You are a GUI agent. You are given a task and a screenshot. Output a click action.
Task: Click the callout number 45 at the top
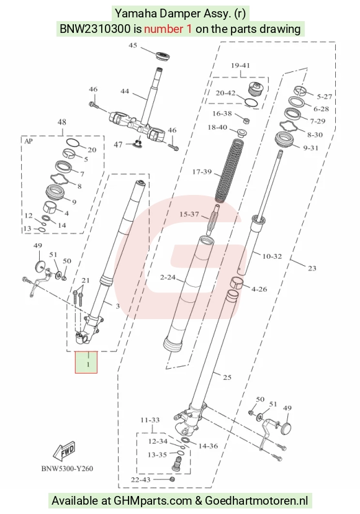click(133, 45)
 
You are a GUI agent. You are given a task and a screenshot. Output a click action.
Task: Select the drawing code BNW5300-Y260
click(67, 469)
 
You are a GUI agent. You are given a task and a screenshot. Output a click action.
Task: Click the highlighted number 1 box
click(86, 363)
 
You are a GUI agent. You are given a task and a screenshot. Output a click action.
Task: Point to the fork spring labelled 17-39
click(230, 171)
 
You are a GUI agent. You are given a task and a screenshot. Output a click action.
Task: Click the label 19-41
click(240, 66)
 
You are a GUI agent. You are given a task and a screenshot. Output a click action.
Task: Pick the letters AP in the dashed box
click(29, 142)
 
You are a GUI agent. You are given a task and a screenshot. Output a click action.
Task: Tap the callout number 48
click(61, 122)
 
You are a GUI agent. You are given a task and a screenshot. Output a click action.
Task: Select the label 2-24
click(168, 277)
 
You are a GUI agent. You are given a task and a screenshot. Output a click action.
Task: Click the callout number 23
click(312, 268)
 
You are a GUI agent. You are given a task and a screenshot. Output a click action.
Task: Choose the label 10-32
click(272, 256)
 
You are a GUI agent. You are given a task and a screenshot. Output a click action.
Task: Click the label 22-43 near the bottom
click(141, 480)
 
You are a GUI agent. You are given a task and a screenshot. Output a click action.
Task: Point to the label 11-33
click(150, 420)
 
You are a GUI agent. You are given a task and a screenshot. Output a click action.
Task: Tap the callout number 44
click(125, 91)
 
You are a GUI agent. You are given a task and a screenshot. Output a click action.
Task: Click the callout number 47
click(118, 145)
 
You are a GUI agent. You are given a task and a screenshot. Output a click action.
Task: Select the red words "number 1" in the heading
click(168, 29)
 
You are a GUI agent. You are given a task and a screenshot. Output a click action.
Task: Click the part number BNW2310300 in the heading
click(95, 29)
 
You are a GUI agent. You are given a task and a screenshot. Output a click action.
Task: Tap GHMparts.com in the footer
click(153, 501)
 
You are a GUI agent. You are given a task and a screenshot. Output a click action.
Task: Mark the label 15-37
click(189, 214)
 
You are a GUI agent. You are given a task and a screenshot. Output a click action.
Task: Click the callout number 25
click(227, 377)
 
